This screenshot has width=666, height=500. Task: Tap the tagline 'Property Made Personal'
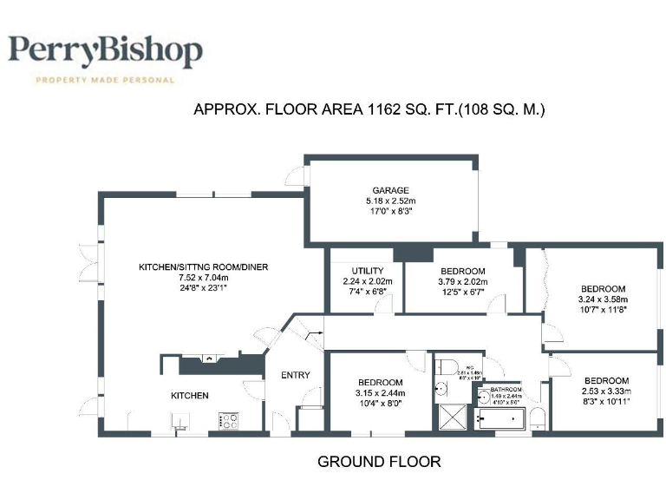click(x=105, y=80)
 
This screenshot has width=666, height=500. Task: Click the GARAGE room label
click(x=390, y=191)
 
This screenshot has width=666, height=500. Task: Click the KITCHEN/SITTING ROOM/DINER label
click(x=204, y=266)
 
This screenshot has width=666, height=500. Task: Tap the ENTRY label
click(x=295, y=375)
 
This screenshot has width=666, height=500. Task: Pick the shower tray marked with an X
click(x=450, y=418)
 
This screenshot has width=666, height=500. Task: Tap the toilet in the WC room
click(x=443, y=364)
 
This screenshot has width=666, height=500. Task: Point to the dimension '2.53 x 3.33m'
click(x=605, y=391)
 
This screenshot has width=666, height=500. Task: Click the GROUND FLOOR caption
click(x=379, y=462)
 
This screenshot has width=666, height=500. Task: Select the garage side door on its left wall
click(x=303, y=177)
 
